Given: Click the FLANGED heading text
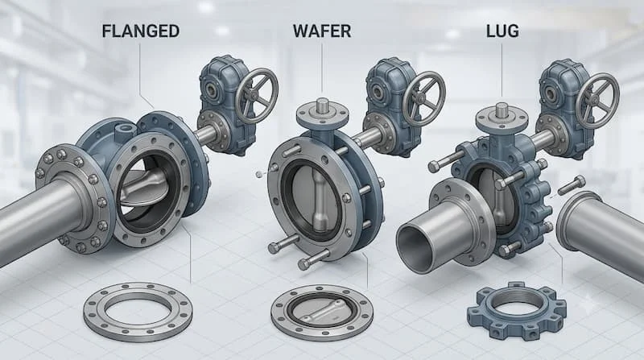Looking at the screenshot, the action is click(x=140, y=31).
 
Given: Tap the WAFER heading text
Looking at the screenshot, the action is click(x=322, y=31).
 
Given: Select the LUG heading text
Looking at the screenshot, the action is click(x=502, y=31).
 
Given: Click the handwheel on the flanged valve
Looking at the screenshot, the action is click(x=257, y=96).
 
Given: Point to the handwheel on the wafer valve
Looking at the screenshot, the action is click(x=424, y=98).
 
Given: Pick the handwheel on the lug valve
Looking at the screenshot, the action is click(x=597, y=101).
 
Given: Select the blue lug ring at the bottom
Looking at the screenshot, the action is click(x=516, y=310).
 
